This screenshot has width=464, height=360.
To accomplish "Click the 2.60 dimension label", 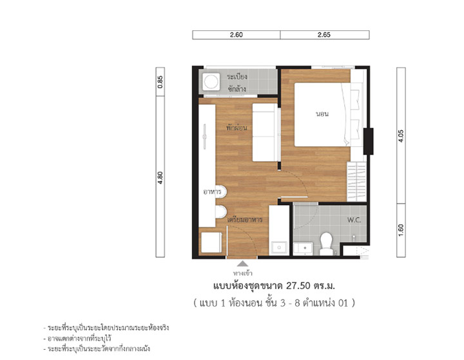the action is click(x=236, y=35).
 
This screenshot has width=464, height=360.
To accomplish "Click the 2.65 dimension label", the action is click(x=324, y=35).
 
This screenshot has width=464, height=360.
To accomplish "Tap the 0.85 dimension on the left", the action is click(x=160, y=82).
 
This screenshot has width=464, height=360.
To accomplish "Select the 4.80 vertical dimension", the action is click(x=160, y=178).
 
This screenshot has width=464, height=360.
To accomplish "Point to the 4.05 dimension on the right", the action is click(x=401, y=136).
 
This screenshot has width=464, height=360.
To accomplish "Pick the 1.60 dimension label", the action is click(x=401, y=230).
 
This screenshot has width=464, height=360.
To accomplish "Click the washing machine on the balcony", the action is click(x=211, y=81).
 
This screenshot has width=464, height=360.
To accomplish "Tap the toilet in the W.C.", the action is click(x=326, y=243).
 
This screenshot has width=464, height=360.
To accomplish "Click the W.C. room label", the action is click(x=354, y=220).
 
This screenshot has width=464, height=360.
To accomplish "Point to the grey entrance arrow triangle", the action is click(x=243, y=263).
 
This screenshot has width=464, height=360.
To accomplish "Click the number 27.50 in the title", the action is click(x=298, y=286).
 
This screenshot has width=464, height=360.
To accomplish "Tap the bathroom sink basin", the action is click(x=303, y=249).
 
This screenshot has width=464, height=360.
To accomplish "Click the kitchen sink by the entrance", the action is click(x=279, y=248).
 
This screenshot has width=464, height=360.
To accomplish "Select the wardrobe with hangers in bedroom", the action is click(x=356, y=182).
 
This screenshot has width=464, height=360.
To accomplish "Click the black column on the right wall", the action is click(x=368, y=141).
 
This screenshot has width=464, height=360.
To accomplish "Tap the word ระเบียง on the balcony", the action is click(x=237, y=77).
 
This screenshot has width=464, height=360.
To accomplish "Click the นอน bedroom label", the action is click(x=322, y=114).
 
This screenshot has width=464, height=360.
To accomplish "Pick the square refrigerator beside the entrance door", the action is click(x=211, y=242).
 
